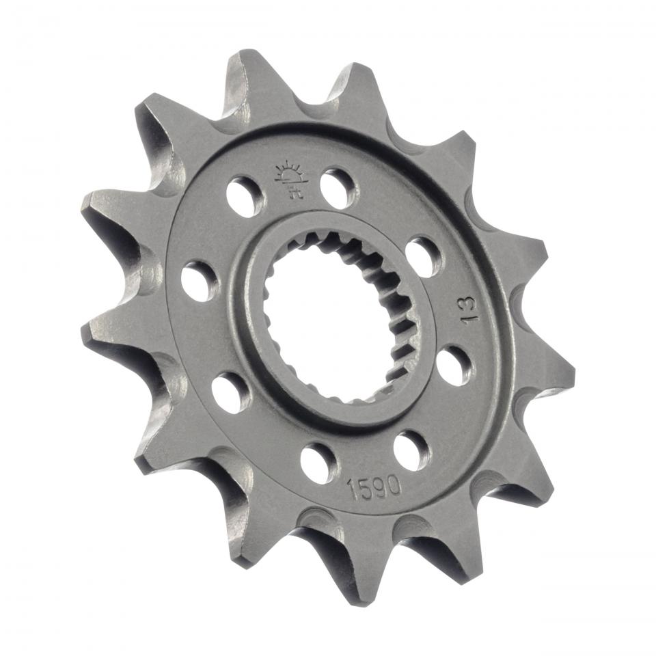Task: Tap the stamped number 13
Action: tap(470, 309)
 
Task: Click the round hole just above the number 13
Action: tap(424, 256)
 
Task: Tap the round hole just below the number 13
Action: tap(453, 366)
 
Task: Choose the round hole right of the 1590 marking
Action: tap(413, 449)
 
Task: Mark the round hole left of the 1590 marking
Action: tap(318, 463)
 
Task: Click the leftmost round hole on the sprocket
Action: tap(199, 279)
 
